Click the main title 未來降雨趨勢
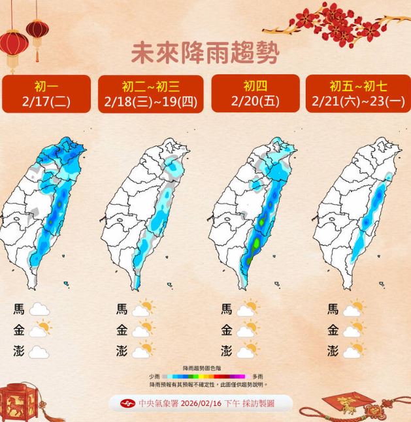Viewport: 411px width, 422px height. click(x=205, y=53)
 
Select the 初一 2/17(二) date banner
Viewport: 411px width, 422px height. click(x=46, y=94)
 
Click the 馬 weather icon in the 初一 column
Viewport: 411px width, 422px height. click(x=40, y=310)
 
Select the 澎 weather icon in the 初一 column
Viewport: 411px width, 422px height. click(x=40, y=352)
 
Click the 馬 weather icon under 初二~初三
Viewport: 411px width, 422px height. click(x=143, y=309)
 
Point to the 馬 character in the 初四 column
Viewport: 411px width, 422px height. click(x=227, y=309)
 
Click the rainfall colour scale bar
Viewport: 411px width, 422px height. click(x=204, y=376)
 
